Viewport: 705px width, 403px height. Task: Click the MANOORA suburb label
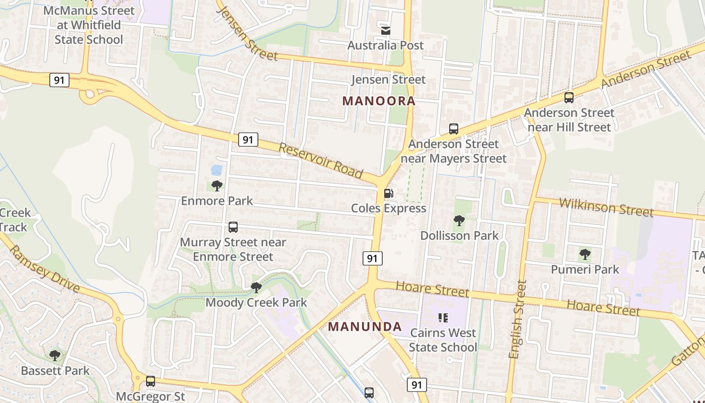coord(379,101)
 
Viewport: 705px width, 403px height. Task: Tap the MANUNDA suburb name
coord(365,326)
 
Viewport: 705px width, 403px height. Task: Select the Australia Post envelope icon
coord(386,31)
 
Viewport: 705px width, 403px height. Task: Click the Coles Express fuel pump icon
coord(388,193)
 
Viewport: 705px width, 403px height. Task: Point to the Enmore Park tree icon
coord(217,186)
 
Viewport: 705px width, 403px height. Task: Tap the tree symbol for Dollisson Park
coord(459,220)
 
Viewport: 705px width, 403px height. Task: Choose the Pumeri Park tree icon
coord(585,254)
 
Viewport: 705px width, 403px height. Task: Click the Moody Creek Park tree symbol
coord(256,288)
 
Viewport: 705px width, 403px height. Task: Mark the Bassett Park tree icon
coord(55,356)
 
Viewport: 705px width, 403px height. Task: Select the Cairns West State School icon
coord(443,318)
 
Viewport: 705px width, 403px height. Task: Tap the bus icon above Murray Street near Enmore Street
coord(233,227)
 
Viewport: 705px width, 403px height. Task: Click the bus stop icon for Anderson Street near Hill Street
coord(569,98)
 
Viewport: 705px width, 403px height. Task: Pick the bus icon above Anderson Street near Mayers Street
coord(453,129)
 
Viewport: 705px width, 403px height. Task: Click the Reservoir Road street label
coord(321,161)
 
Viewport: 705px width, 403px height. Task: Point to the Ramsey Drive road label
coord(44,269)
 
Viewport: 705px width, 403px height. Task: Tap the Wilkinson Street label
coord(606,207)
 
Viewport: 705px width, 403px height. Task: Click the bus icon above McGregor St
coord(150,381)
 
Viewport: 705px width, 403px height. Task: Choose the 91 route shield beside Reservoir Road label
coord(247,139)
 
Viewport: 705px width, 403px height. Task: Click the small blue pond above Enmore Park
coord(217,170)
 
